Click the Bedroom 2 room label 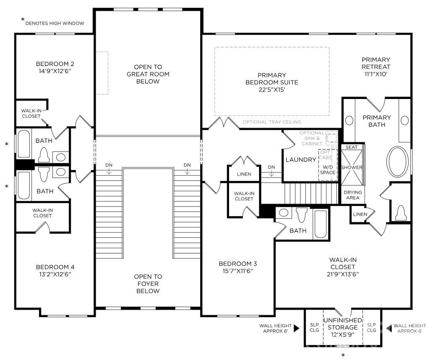coord(55,64)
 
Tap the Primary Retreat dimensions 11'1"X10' coord(376,74)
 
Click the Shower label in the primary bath coord(352,167)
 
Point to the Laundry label coord(301,159)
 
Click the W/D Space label coord(328,170)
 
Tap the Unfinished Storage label coord(342,324)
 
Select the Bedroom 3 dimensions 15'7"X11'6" coord(238,271)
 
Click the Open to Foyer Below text coord(148,284)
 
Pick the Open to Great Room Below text coord(148,74)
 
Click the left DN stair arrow coord(109,171)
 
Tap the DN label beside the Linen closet coord(271,167)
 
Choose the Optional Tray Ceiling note coord(272,122)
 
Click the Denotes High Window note coord(55,23)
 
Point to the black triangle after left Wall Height coord(297,328)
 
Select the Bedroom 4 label coord(55,267)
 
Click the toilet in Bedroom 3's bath coord(302,215)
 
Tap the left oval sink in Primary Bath coord(350,121)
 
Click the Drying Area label coord(352,195)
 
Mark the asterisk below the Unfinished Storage coord(343,355)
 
